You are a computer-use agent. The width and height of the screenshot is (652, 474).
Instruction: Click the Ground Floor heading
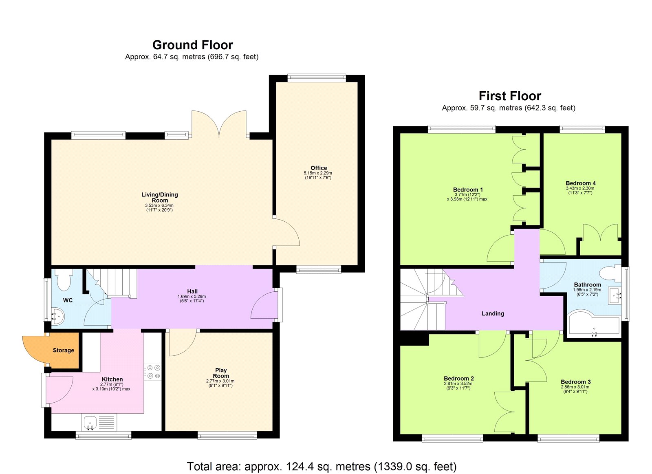coord(192,45)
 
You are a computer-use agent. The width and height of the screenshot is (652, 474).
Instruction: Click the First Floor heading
coord(509,96)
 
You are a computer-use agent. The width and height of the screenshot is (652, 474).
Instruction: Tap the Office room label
coord(318,168)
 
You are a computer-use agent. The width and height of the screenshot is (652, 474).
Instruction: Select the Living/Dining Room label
coord(159,197)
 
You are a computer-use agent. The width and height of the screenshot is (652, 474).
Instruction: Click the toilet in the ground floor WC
coord(64,280)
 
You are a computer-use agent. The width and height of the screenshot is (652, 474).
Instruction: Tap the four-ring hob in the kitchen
coord(154,372)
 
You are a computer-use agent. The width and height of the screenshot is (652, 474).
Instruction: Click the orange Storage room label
coord(63,350)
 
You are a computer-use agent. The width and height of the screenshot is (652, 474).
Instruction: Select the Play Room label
coord(220,373)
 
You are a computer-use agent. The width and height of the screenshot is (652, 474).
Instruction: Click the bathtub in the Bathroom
coord(594,325)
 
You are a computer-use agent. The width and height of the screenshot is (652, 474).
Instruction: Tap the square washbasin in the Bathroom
coord(615,295)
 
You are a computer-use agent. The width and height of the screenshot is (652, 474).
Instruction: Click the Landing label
coord(493,313)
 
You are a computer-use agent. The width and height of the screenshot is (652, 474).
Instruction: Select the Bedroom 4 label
coord(580,183)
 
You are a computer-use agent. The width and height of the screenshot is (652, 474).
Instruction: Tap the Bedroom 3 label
coord(575,382)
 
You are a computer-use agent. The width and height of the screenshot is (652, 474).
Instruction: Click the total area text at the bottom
coord(322,466)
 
